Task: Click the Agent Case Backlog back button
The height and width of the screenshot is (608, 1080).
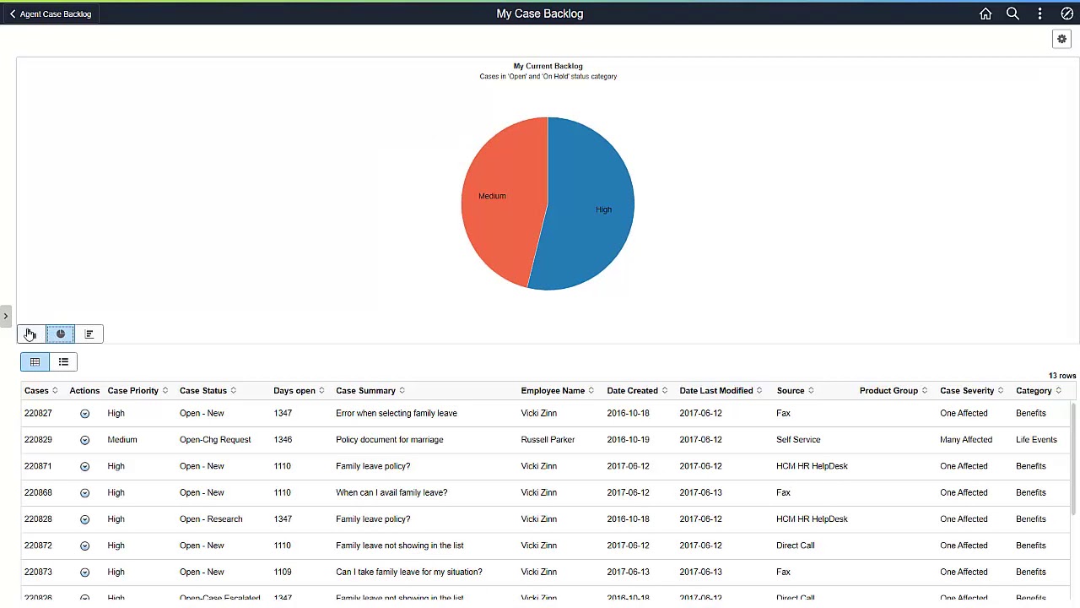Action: [51, 14]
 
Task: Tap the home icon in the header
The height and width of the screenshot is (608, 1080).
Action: [985, 14]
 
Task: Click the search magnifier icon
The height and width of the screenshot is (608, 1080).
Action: [1012, 14]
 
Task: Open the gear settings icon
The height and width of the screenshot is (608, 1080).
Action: [1061, 39]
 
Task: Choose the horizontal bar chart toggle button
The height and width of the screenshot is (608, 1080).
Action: [89, 334]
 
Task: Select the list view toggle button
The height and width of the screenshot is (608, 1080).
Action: [63, 362]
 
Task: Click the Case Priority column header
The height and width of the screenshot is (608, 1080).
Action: [132, 391]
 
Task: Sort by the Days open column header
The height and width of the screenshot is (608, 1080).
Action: [294, 391]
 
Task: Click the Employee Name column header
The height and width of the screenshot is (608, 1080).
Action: [553, 391]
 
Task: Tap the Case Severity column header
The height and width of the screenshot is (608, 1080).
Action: [967, 391]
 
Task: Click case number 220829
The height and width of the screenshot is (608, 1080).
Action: [38, 440]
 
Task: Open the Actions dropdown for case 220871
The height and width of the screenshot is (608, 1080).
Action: [84, 466]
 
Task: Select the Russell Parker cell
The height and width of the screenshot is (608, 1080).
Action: [548, 440]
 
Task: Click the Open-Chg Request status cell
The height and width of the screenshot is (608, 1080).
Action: [215, 440]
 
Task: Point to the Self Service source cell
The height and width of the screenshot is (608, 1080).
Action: [798, 440]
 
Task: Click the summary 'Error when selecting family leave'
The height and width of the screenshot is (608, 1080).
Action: [396, 413]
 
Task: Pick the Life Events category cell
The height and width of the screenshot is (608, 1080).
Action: [1036, 440]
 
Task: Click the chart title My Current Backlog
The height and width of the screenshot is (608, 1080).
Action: [548, 66]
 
